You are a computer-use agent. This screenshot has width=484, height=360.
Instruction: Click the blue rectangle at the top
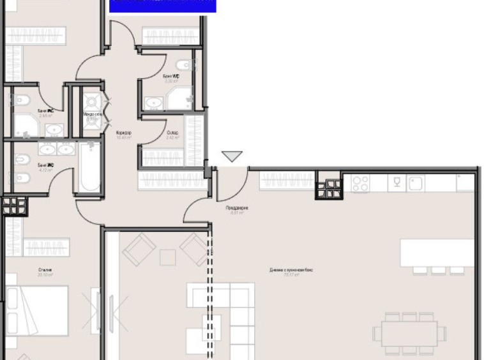(163, 6)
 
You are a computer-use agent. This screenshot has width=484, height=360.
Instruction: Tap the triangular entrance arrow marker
(232, 156)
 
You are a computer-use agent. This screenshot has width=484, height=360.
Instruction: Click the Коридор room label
(124, 134)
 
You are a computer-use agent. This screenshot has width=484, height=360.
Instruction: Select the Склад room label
(172, 134)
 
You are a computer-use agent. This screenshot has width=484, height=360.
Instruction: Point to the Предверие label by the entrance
(237, 209)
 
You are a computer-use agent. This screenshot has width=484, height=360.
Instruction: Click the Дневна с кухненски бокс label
(291, 271)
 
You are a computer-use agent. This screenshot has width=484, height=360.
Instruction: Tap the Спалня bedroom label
(45, 271)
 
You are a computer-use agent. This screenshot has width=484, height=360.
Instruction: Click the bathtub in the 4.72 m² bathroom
(90, 167)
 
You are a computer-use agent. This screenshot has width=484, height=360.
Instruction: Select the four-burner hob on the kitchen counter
(360, 184)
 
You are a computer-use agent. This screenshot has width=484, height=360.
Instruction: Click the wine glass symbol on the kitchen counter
(397, 183)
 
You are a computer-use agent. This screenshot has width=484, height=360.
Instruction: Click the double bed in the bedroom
(35, 310)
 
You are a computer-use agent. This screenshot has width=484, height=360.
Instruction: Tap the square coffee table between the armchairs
(167, 257)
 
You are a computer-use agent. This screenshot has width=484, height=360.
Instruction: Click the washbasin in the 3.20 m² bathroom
(153, 103)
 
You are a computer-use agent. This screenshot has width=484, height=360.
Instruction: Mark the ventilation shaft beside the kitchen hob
(329, 188)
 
